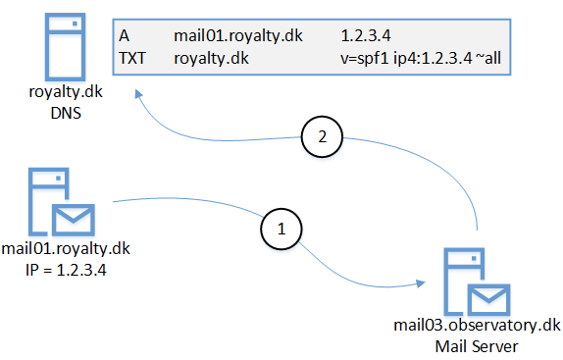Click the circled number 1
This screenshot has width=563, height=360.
[x=281, y=229]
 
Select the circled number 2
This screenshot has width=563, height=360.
[x=322, y=136]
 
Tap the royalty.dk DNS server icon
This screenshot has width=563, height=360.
[x=65, y=47]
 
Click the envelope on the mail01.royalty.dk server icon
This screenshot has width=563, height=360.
[x=74, y=220]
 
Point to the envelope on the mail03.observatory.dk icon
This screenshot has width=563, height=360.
[x=489, y=300]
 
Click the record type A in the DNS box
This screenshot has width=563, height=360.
[x=124, y=35]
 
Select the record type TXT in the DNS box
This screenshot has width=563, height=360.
[x=132, y=58]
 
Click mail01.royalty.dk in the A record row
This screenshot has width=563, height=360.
[x=238, y=36]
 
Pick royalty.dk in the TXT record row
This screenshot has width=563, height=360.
[x=211, y=59]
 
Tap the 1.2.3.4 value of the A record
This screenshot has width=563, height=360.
[x=366, y=35]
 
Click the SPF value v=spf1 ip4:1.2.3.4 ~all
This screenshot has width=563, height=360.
[x=421, y=58]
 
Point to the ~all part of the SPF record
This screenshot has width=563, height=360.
[x=488, y=58]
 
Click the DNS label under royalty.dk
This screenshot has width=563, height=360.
[x=66, y=113]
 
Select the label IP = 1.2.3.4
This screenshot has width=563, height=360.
[x=66, y=270]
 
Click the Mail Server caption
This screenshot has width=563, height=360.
[x=477, y=346]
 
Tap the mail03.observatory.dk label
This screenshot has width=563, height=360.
[x=477, y=326]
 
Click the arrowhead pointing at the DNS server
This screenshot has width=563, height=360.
[x=138, y=94]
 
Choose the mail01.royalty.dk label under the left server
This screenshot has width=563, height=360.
[x=66, y=248]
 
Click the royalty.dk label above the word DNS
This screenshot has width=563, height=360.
[x=66, y=92]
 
